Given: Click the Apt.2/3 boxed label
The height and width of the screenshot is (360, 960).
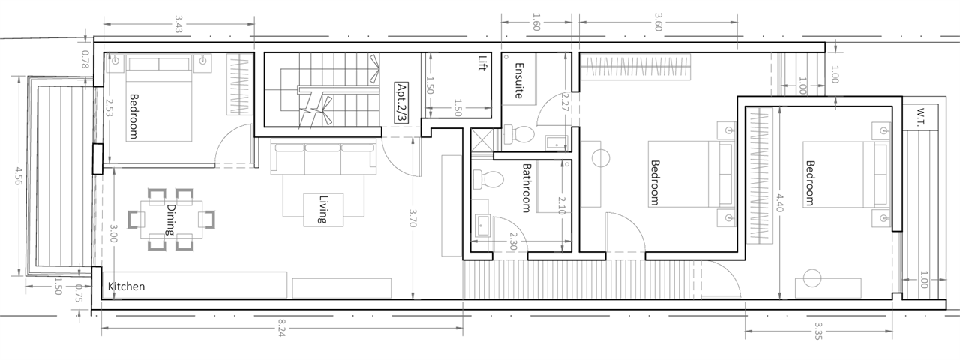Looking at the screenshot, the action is coord(401,103).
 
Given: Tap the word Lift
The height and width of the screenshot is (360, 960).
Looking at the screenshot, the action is coord(483,63).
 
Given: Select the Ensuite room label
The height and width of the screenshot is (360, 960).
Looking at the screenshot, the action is coord(518,80).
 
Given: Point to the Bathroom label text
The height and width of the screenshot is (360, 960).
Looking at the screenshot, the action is coord(526,187).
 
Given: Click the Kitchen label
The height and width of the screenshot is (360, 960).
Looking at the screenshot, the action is coord(126,286).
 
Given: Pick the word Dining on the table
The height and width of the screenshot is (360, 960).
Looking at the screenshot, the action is coord(170,220).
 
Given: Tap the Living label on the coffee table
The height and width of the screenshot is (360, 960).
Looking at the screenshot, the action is coord(323,209).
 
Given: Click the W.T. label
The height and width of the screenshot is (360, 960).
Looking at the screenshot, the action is coord(920,118).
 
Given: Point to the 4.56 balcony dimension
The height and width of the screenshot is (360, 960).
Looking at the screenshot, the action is coord(19,175).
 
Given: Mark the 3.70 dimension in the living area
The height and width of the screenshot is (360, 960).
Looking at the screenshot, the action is coord(412,217).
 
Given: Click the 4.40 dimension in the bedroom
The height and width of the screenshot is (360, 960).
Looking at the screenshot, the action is coord(779,202).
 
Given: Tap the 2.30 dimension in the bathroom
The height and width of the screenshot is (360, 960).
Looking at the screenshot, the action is coord(512,241).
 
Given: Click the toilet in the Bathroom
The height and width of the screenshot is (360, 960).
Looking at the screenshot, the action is coord(488,180).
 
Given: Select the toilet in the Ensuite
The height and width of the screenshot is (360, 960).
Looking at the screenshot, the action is coord(519,134).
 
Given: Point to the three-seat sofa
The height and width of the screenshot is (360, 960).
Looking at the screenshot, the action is coord(323,158).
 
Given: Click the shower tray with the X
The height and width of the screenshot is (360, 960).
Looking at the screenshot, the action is coord(482,140).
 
